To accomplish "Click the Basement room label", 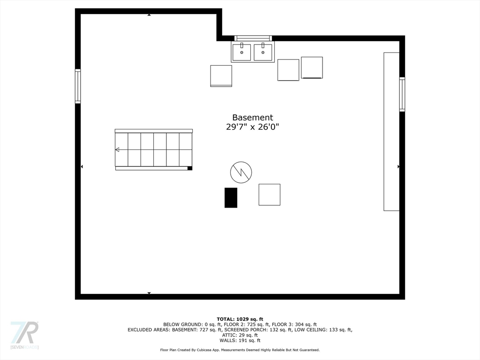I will pos(252,118).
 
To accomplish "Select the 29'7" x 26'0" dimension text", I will pos(252,127).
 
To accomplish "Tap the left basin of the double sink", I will pos(242,52).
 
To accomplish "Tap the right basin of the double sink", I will pos(263,52).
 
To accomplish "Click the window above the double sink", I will pos(253,38).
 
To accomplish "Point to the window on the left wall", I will pos(78,86).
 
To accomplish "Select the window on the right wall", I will pos(402,94).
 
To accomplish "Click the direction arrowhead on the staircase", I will pos(117,150).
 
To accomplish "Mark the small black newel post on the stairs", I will pos(189,168).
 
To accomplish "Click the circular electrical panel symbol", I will pos(241,172).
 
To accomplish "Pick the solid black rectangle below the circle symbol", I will pos(231,197).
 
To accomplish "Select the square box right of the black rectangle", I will pos(270,195).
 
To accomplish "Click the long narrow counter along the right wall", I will pos(391,131).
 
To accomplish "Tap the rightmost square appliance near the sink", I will pos(312,67).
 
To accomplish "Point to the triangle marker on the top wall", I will pos(149,15).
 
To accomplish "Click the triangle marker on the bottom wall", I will pos(149,293).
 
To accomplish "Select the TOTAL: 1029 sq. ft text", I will pos(240,319).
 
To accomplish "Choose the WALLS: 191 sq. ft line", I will pos(240,341).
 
